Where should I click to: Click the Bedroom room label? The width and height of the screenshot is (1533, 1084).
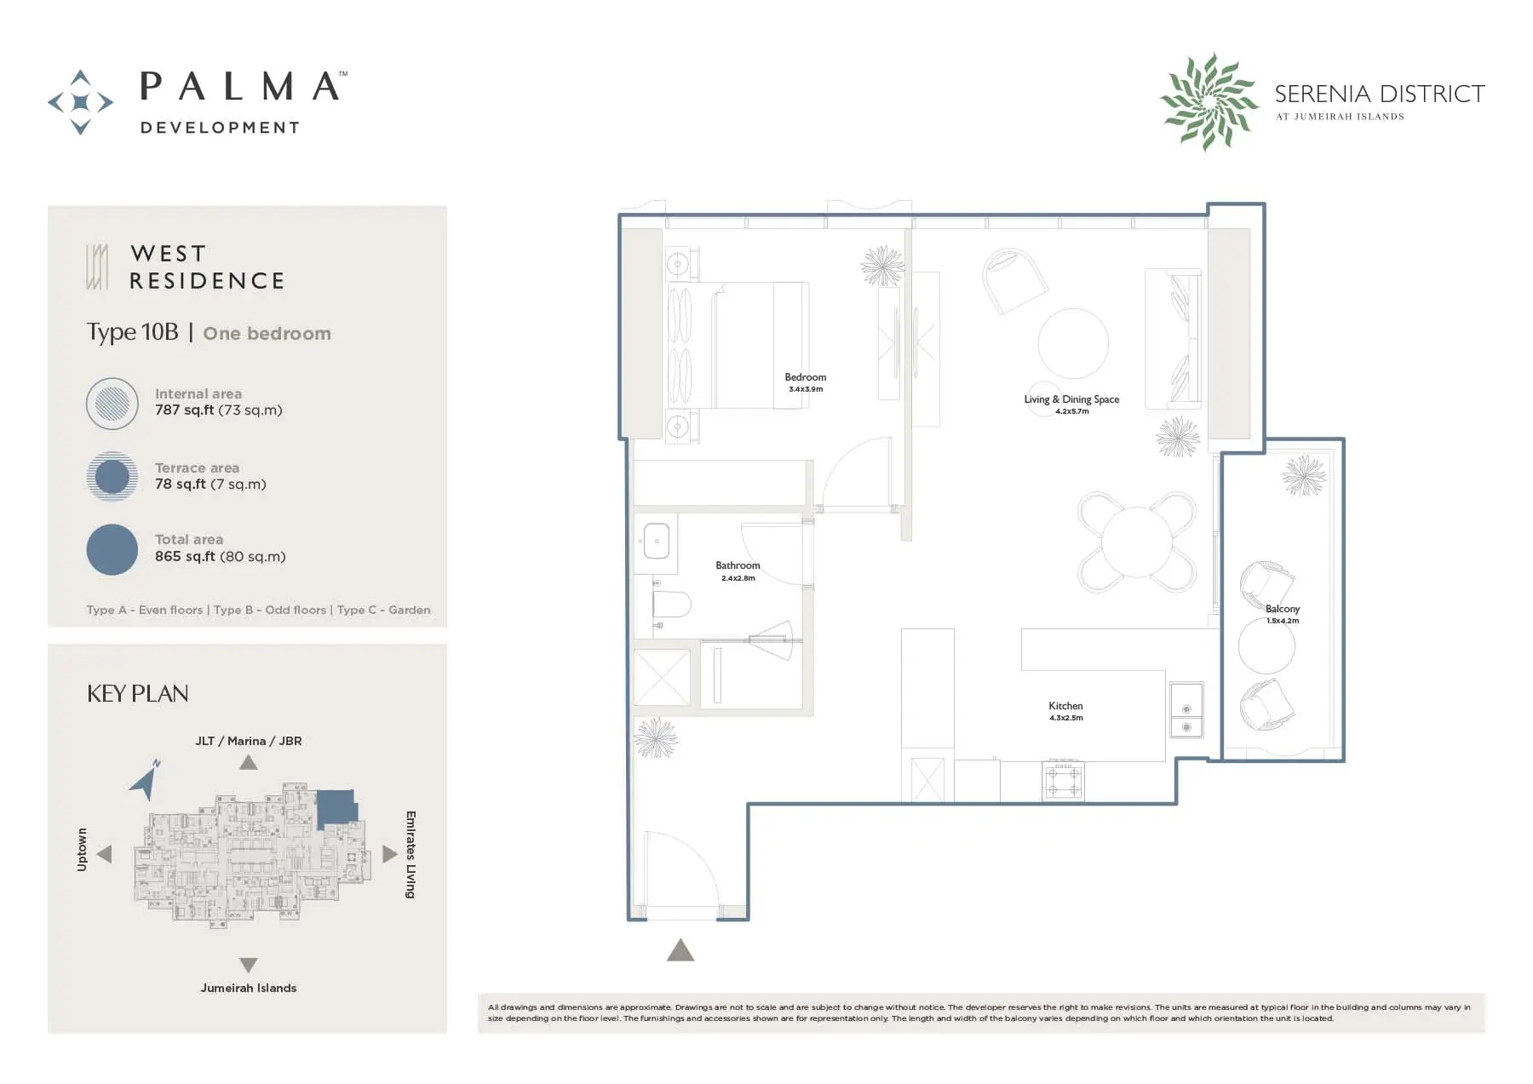805,377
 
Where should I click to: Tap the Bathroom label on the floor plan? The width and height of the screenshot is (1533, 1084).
738,565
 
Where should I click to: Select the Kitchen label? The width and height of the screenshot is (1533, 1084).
1065,706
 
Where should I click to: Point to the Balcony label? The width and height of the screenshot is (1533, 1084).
1283,609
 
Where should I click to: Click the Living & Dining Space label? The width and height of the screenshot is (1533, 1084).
1071,399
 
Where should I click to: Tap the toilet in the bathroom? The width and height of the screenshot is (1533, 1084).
671,605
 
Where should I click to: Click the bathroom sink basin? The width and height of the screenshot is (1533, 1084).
657,541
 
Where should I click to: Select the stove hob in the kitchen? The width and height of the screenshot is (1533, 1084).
1064,781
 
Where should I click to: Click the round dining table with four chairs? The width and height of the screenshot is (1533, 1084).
1137,542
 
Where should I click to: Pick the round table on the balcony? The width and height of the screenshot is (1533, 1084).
1266,646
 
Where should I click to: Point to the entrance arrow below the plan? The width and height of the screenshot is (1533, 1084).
680,949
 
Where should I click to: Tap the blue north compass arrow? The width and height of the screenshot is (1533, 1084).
146,780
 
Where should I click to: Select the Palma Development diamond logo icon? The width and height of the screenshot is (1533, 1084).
80,102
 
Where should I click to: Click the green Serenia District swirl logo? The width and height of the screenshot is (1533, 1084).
1209,101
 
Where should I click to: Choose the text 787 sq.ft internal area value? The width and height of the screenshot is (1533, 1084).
184,410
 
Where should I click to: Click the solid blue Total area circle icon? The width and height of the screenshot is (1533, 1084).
112,549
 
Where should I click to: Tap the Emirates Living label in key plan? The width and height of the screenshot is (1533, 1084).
411,855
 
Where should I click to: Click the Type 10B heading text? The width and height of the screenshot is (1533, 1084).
132,332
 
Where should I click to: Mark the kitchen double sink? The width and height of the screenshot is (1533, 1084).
1186,709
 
